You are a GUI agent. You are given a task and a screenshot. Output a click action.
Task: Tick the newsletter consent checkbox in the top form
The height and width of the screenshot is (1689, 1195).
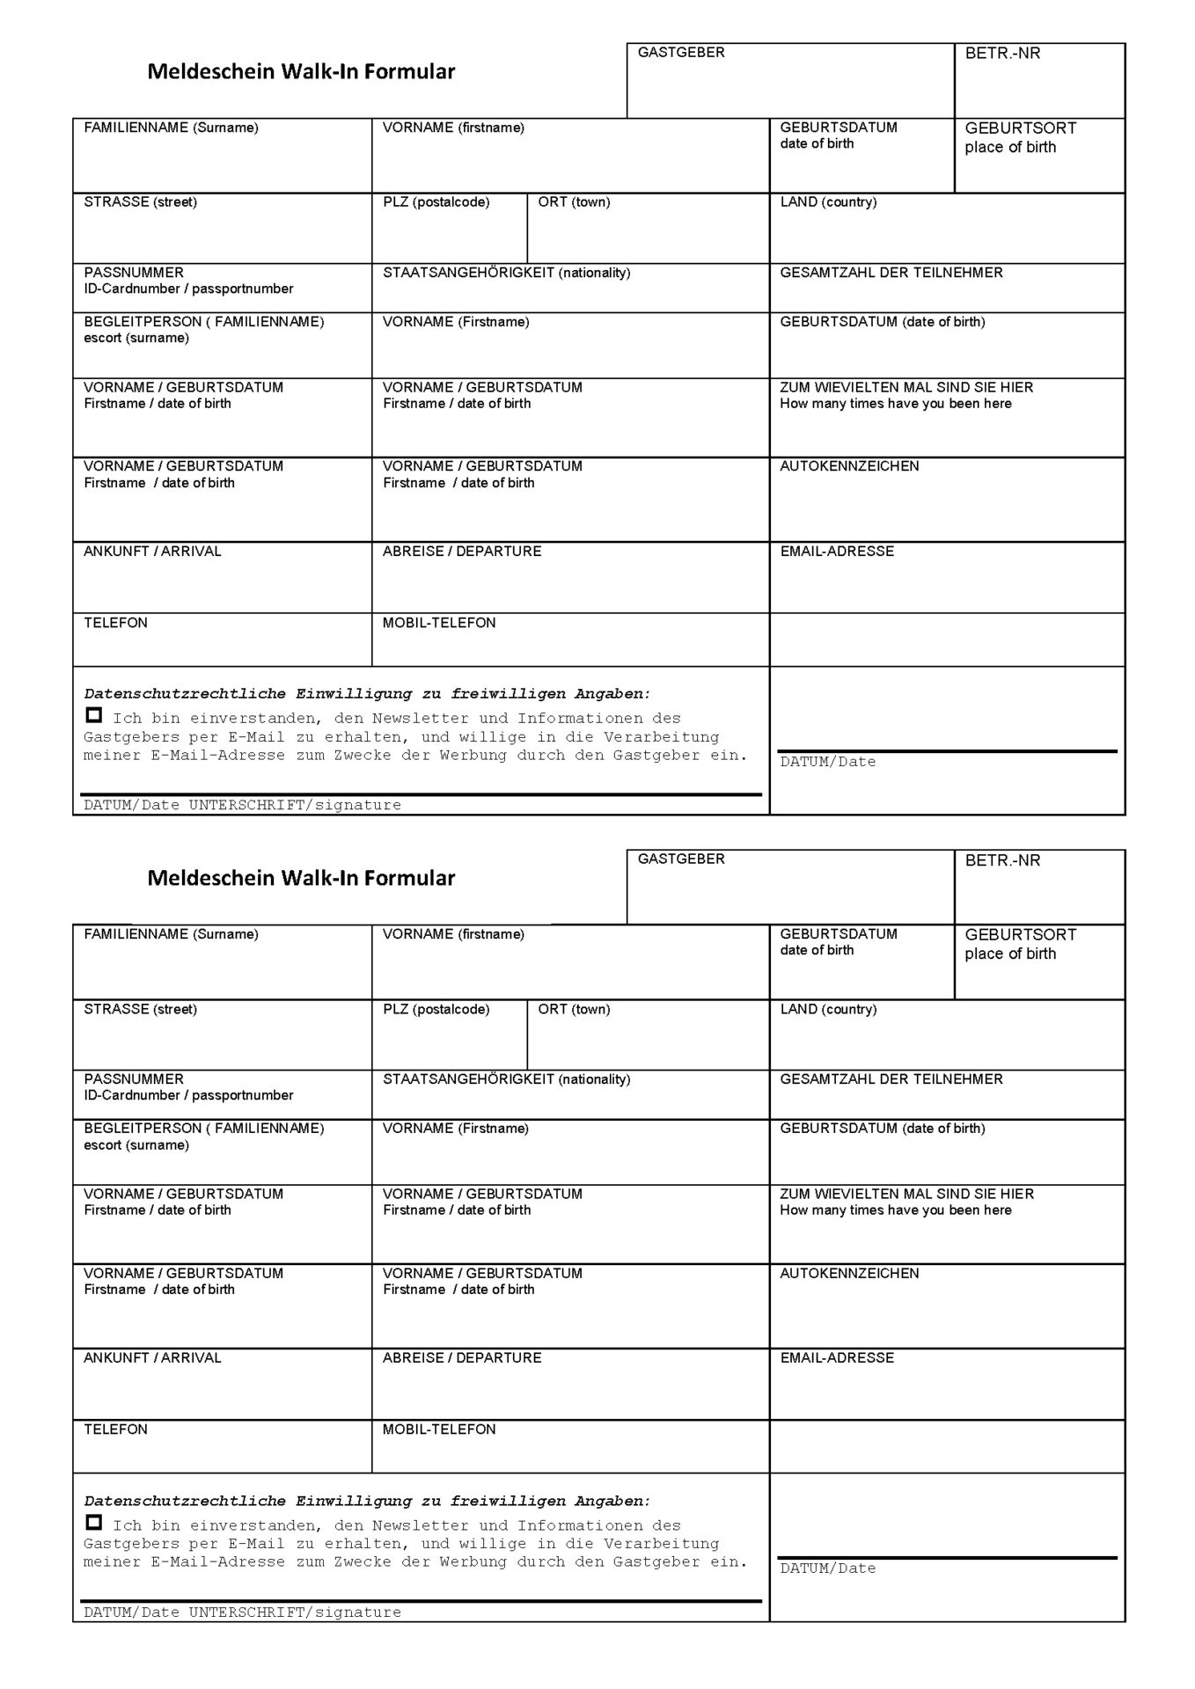tap(94, 715)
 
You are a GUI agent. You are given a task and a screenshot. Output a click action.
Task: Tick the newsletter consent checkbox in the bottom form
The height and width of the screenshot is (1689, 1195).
tap(94, 1522)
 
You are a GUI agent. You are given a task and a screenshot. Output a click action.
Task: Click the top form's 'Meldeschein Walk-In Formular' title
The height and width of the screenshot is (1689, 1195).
tap(301, 71)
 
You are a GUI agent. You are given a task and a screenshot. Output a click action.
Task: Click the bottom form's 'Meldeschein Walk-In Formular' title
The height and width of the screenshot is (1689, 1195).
tap(301, 878)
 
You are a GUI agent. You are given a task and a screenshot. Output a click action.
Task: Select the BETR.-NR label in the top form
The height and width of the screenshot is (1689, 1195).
tap(1002, 53)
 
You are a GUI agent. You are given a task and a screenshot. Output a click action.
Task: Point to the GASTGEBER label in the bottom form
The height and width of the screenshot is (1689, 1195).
tap(681, 859)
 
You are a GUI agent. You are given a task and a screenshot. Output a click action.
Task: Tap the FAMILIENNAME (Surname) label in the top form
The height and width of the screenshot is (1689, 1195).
tap(171, 128)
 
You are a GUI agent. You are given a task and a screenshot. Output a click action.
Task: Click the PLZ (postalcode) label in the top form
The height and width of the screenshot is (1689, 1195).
tap(436, 202)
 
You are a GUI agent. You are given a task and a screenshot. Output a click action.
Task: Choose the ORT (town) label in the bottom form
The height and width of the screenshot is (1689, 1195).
tap(574, 1009)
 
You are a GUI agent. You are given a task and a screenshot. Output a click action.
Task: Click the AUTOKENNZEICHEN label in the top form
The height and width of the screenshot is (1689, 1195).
tap(849, 466)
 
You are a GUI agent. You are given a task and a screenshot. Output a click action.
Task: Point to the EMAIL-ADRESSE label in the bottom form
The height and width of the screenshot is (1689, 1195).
tap(837, 1357)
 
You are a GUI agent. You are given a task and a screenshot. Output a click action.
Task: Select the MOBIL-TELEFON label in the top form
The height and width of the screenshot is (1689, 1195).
tap(439, 623)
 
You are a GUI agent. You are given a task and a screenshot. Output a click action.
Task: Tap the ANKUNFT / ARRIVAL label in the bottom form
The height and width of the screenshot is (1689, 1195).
tap(152, 1357)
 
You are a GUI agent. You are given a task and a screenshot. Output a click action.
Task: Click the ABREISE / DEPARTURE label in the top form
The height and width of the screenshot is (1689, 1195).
tap(462, 552)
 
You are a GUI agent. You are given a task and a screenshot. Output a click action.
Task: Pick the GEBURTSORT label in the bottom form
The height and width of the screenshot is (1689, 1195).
tap(1021, 934)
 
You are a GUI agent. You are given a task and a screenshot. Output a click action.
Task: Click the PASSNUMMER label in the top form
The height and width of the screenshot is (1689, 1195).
tap(134, 273)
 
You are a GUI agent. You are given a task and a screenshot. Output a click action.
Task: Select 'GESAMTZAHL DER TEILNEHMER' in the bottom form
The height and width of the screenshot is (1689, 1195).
tap(891, 1078)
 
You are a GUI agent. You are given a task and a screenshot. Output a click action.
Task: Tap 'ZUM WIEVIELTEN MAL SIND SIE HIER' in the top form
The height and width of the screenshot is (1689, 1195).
tap(906, 387)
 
